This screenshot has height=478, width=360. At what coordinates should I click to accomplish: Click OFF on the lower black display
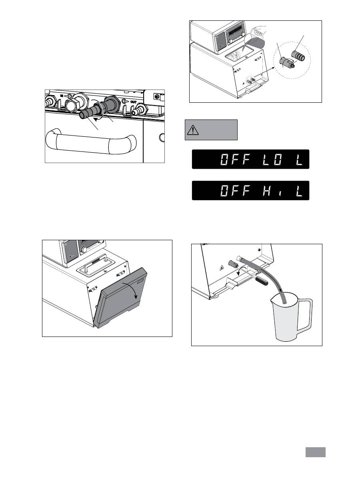233,191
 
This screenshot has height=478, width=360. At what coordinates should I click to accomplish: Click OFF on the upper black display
233,160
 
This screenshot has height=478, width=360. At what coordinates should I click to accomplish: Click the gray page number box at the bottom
316,452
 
